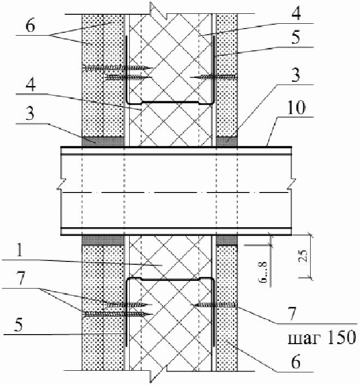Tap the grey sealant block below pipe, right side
coord(226,241)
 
